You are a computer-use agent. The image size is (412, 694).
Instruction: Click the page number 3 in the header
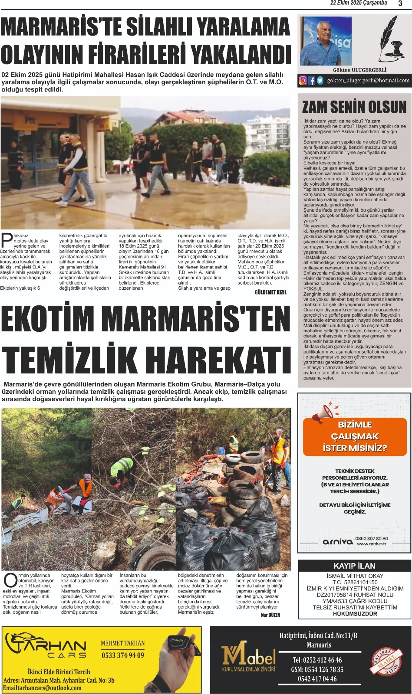(x=400, y=3)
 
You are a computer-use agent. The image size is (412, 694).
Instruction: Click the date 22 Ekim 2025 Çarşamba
(x=359, y=3)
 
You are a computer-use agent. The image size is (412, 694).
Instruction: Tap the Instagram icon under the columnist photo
(x=303, y=80)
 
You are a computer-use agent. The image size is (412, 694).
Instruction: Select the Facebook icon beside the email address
(x=311, y=80)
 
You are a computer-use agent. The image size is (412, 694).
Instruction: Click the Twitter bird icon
(x=320, y=80)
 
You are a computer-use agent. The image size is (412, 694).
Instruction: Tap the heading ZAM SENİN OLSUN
(x=354, y=107)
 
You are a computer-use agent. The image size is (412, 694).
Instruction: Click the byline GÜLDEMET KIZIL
(x=270, y=292)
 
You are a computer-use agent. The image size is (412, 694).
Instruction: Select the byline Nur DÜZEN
(x=270, y=615)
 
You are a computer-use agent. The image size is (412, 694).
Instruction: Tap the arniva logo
(x=338, y=541)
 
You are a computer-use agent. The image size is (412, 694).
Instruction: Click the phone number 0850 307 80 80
(x=372, y=538)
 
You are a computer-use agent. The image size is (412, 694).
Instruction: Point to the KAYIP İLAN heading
(x=354, y=566)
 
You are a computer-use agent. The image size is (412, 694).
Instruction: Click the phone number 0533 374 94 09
(x=123, y=655)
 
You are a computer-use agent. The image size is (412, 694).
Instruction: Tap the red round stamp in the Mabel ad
(x=387, y=662)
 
